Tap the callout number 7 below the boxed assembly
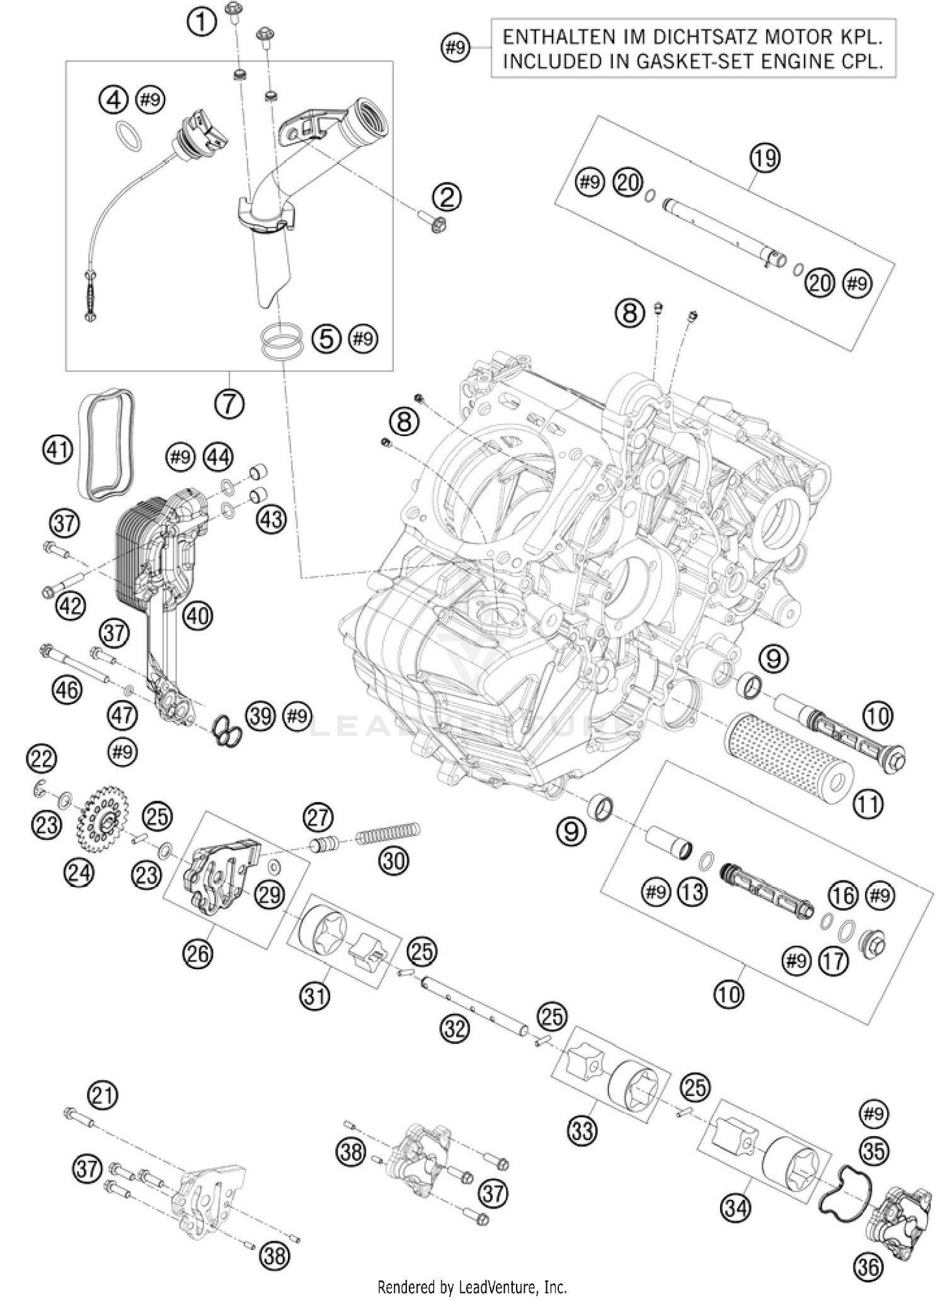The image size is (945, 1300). (x=229, y=403)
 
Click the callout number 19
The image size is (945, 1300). (x=765, y=158)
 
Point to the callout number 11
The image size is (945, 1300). (x=868, y=804)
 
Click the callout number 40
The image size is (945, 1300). (x=197, y=615)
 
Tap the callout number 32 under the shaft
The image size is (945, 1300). (x=455, y=1029)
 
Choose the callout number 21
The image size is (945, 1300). (x=103, y=1095)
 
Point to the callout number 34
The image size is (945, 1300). (x=736, y=1208)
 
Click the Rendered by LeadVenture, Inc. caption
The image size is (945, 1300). (x=472, y=1286)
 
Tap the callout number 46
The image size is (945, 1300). (x=67, y=689)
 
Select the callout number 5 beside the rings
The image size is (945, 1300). (x=326, y=338)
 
